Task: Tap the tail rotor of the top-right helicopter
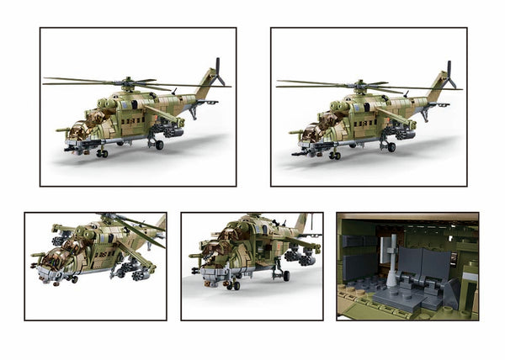click(x=449, y=73)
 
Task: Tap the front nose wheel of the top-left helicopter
click(x=102, y=153)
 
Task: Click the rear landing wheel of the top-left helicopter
click(x=159, y=145)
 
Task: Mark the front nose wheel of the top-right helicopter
click(x=334, y=155)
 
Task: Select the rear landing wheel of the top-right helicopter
click(x=391, y=146)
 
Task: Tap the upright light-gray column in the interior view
click(x=392, y=261)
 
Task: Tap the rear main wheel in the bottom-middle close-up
click(x=285, y=275)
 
